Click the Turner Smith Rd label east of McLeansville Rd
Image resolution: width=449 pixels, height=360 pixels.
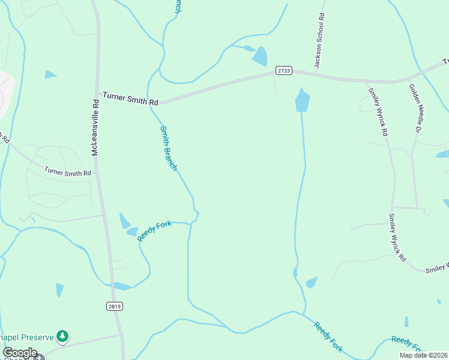pyautogui.click(x=129, y=97)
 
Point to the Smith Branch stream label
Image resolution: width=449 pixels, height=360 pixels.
pyautogui.click(x=168, y=148)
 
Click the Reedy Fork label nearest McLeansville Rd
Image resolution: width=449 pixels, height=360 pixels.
pyautogui.click(x=154, y=231)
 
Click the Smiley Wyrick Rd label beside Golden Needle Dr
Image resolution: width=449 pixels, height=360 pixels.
pyautogui.click(x=377, y=110)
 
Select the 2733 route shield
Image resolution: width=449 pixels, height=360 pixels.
pyautogui.click(x=284, y=71)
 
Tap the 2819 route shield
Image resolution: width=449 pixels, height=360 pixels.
pyautogui.click(x=115, y=307)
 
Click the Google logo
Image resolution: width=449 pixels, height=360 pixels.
pyautogui.click(x=20, y=353)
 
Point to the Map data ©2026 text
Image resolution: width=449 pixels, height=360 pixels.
pyautogui.click(x=423, y=355)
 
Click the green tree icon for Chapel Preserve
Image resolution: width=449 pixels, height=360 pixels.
pyautogui.click(x=61, y=335)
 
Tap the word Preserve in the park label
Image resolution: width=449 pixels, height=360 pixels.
pyautogui.click(x=34, y=335)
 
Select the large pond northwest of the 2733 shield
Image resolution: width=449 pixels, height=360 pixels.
pyautogui.click(x=260, y=56)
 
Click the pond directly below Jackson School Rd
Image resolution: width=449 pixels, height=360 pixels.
pyautogui.click(x=303, y=100)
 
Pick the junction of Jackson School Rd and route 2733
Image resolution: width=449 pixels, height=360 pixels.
pyautogui.click(x=314, y=74)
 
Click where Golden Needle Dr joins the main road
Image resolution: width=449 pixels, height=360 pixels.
pyautogui.click(x=409, y=79)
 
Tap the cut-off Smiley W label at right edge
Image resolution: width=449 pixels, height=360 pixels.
pyautogui.click(x=436, y=268)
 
